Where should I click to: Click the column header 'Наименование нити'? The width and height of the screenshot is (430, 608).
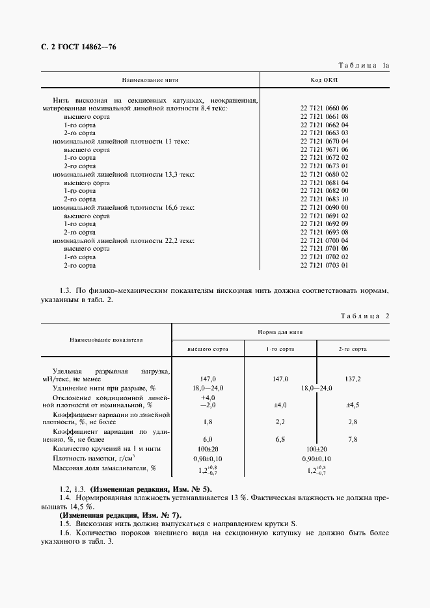(150, 80)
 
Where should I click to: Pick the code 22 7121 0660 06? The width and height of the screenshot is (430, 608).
(324, 108)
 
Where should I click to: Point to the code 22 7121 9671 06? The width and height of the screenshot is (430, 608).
(324, 149)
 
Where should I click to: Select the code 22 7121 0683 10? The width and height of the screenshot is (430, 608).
(324, 199)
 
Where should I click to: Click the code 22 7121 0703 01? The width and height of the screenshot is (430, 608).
(324, 265)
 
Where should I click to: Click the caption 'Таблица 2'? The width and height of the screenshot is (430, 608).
(364, 316)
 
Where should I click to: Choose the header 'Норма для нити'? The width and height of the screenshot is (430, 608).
(280, 331)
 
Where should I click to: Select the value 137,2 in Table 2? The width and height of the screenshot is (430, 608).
(353, 378)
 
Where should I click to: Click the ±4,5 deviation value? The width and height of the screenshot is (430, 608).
(353, 405)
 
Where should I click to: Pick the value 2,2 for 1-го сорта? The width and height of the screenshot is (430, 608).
(280, 422)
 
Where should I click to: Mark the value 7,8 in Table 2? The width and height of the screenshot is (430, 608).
(353, 439)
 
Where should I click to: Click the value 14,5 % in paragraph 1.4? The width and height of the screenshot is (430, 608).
(81, 506)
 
